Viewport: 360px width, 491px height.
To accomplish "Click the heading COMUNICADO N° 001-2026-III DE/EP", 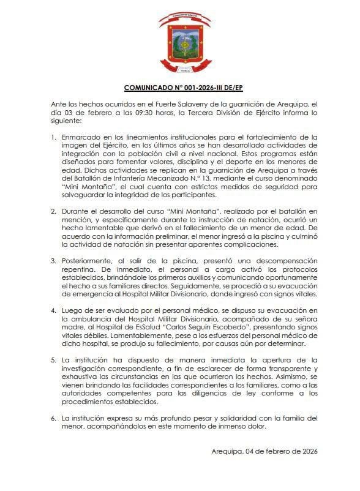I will (x=180, y=88).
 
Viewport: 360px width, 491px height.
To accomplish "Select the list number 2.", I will (x=53, y=211).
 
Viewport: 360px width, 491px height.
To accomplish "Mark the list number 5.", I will (x=53, y=359).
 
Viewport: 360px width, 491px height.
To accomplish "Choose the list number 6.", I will (x=53, y=418).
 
